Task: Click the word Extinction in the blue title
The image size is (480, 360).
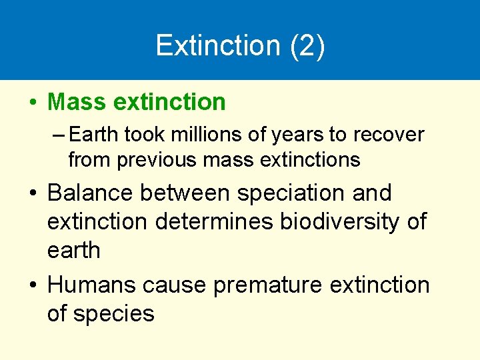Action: tap(217, 45)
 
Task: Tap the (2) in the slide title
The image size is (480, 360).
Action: tap(307, 45)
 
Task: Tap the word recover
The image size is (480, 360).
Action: tap(388, 135)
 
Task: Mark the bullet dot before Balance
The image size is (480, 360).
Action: tap(32, 194)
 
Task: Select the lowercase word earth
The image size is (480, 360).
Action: tap(73, 251)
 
